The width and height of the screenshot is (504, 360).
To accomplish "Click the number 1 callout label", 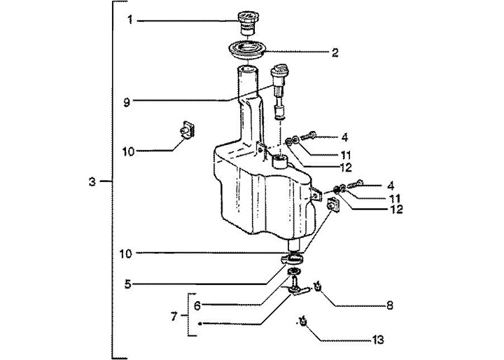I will pyautogui.click(x=130, y=20).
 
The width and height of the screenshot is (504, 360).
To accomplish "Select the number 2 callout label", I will pyautogui.click(x=335, y=52).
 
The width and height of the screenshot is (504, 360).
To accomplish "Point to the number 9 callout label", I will pyautogui.click(x=127, y=101).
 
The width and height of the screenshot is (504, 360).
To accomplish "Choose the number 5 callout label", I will pyautogui.click(x=128, y=284).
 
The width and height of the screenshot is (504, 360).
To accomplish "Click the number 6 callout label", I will pyautogui.click(x=197, y=305).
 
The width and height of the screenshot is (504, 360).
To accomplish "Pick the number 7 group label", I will pyautogui.click(x=175, y=317).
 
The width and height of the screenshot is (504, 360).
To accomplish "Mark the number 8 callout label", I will pyautogui.click(x=390, y=305).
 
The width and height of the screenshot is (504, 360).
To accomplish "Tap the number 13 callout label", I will pyautogui.click(x=378, y=341).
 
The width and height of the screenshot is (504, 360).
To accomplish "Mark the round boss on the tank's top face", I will pyautogui.click(x=281, y=162).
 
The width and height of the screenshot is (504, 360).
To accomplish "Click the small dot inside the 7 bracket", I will pyautogui.click(x=200, y=324).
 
